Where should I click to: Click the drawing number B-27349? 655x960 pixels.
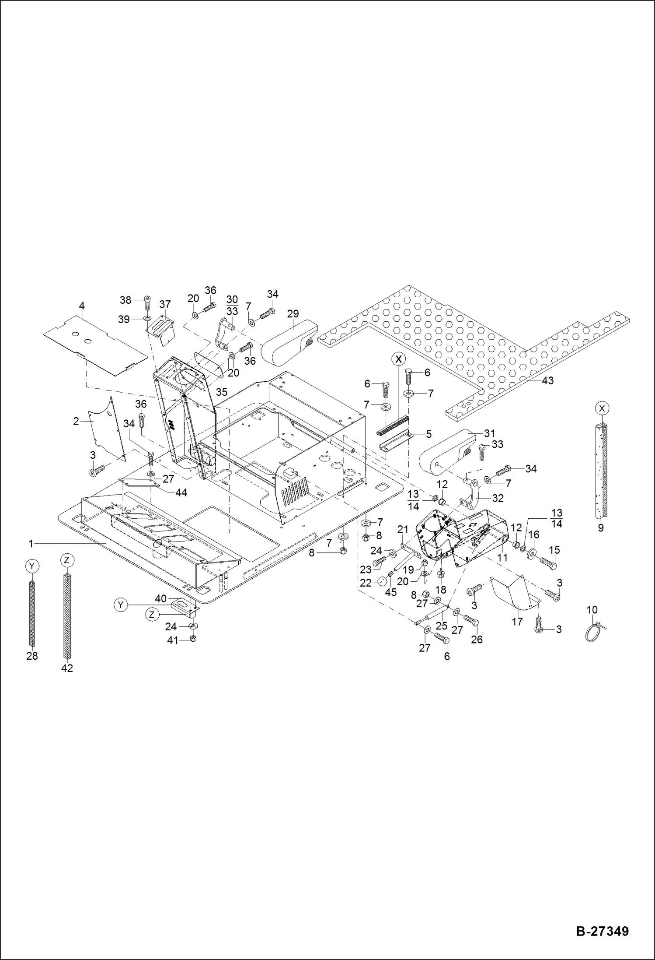point(602,931)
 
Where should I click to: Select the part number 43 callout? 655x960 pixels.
point(547,380)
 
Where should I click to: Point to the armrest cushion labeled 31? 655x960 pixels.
point(446,453)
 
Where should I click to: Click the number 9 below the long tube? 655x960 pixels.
point(601,528)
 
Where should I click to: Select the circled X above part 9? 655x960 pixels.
point(602,408)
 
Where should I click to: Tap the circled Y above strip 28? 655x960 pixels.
point(31,566)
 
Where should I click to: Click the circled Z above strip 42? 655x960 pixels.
point(66,560)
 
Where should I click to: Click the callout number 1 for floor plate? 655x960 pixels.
point(31,544)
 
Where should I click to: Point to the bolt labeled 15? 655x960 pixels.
point(548,562)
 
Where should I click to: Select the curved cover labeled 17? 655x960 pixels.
point(514,593)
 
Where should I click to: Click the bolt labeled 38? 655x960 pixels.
point(147,302)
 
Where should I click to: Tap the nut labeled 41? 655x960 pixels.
point(194,639)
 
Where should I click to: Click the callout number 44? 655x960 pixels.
point(181,492)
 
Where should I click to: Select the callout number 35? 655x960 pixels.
point(222,392)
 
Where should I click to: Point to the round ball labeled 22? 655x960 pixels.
point(381,582)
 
